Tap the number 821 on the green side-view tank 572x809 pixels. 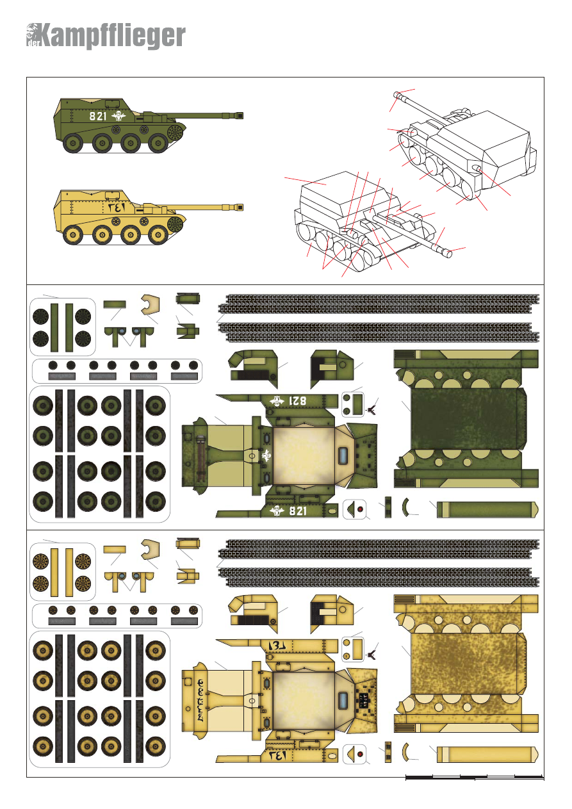point(98,117)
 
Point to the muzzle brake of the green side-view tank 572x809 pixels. point(241,116)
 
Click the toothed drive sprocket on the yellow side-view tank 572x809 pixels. point(175,224)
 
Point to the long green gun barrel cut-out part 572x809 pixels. point(487,510)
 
